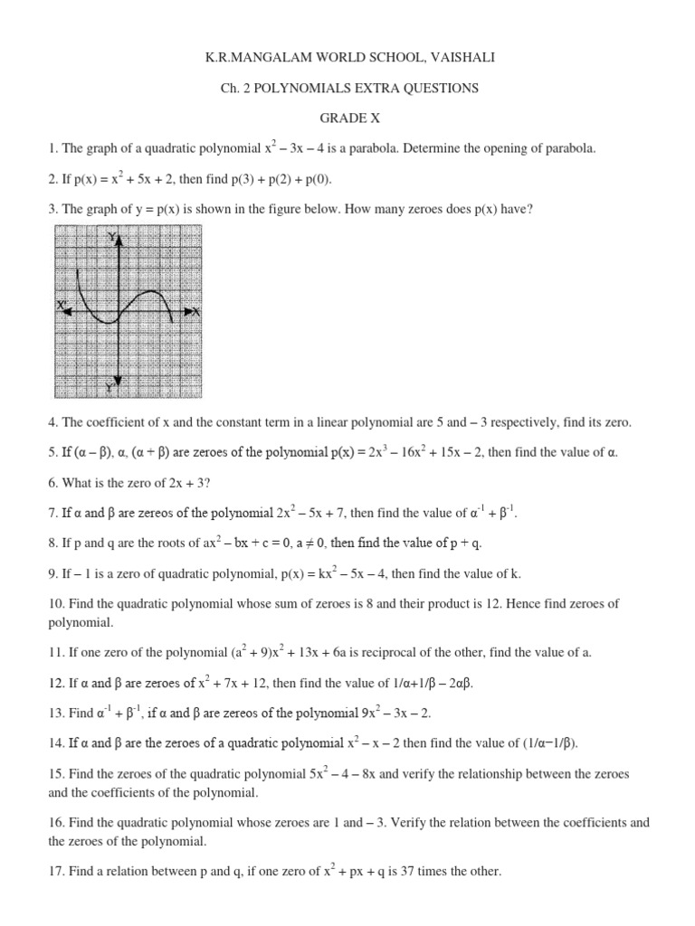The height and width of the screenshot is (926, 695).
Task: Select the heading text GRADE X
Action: pos(347,118)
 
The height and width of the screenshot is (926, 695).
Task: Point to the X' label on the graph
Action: pos(63,307)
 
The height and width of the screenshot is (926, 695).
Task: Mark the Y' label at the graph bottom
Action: pos(109,387)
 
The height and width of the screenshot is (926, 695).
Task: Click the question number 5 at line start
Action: pos(52,451)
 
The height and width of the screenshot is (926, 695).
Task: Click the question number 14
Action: pos(56,743)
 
